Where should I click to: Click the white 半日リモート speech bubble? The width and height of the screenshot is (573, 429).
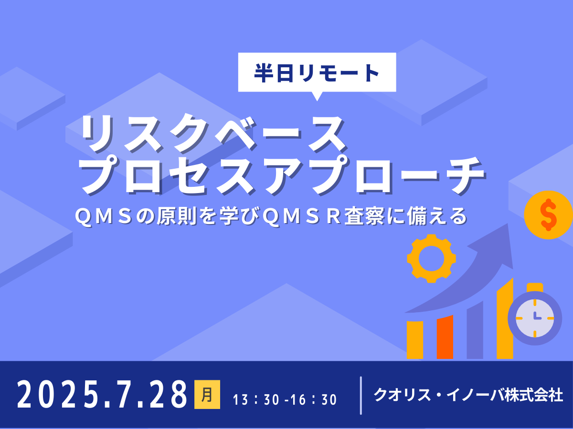317,72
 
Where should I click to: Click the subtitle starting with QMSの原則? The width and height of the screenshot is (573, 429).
270,217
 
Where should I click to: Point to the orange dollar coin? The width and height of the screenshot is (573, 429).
548,214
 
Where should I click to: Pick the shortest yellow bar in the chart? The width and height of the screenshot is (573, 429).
414,340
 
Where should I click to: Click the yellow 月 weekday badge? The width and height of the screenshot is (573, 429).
207,395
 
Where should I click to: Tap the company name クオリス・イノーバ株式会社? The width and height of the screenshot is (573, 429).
468,395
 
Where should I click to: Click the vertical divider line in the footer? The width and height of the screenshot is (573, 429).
361,395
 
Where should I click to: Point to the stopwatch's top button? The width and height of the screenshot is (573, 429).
535,286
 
